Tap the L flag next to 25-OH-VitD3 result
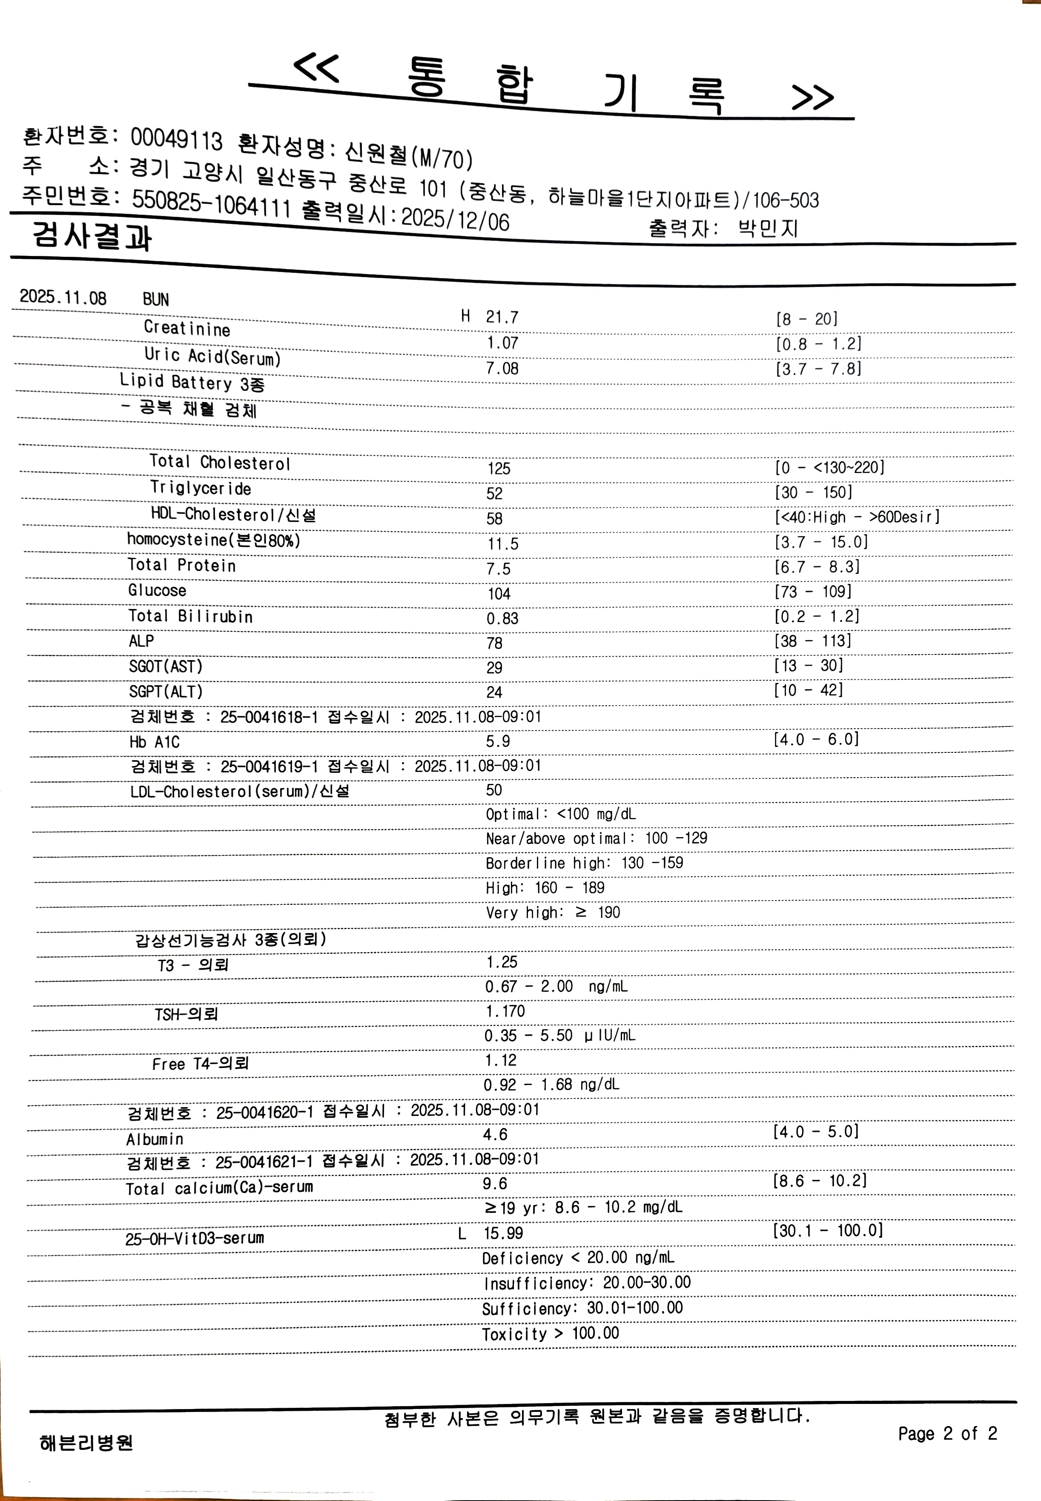(462, 1233)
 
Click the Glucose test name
(157, 590)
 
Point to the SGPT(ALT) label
(166, 692)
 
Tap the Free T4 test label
(200, 1064)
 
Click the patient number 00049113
(176, 138)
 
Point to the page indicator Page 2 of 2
(947, 1433)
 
